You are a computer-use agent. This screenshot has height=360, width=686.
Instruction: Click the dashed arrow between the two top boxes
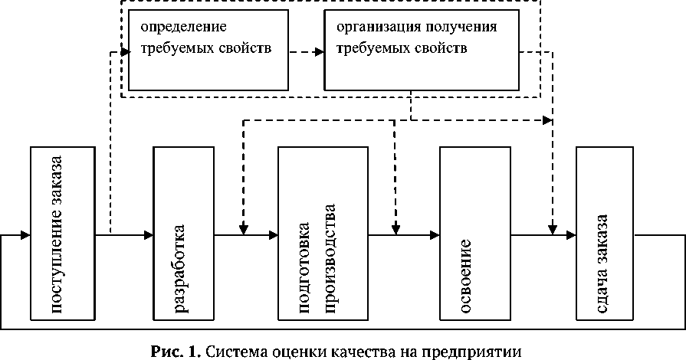point(304,53)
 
